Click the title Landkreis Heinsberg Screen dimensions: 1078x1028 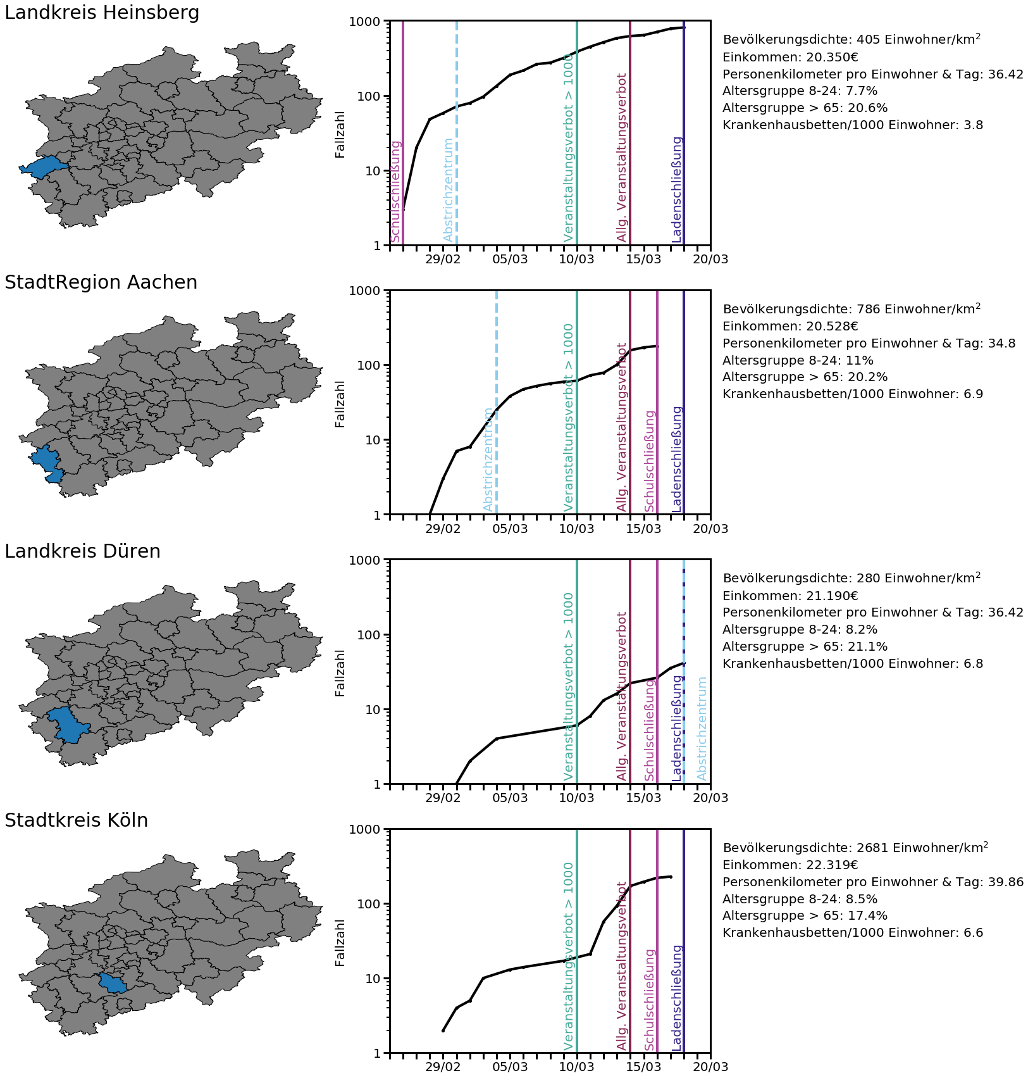tap(102, 13)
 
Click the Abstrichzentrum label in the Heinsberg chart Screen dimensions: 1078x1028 tap(449, 190)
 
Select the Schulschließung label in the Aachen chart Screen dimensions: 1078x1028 tap(650, 461)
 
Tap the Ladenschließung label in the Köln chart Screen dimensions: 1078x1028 tap(677, 998)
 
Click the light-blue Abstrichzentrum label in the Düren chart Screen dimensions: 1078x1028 tap(702, 729)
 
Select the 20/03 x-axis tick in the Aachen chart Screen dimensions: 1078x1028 tap(710, 529)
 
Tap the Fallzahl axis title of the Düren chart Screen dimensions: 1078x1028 tap(340, 673)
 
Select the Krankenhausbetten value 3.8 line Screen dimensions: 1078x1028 tap(853, 125)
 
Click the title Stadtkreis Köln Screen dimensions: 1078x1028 tap(76, 820)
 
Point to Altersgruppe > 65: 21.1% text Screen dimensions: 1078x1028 tap(805, 646)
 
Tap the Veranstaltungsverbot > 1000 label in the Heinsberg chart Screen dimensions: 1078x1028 tap(568, 148)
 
